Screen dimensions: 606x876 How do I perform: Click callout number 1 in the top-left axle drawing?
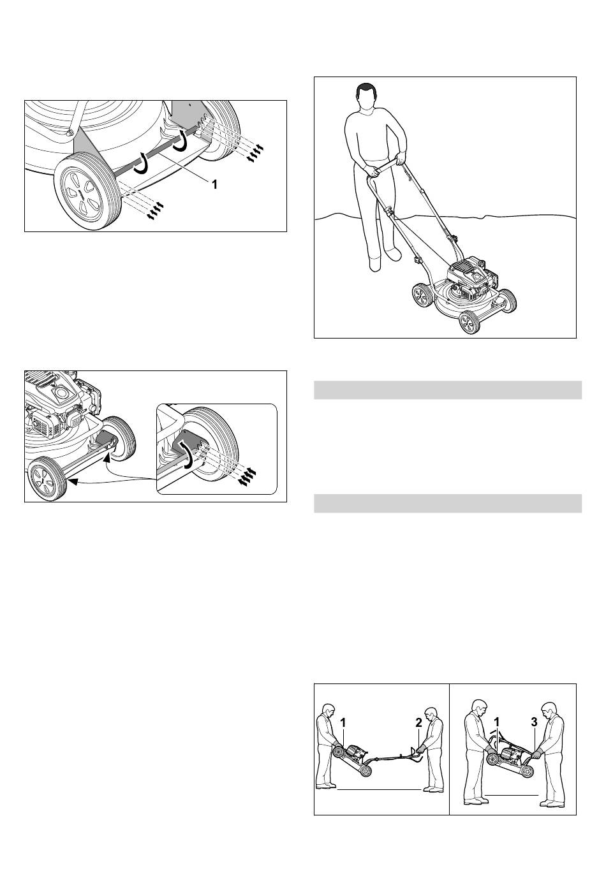coord(214,184)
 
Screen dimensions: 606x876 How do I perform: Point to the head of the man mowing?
coord(366,98)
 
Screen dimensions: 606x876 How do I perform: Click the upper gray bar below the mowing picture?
coord(448,390)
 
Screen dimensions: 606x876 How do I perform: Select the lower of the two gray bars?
coord(448,503)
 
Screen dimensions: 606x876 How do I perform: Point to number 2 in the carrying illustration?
coord(418,723)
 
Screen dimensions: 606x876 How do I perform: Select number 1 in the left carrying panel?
coord(343,723)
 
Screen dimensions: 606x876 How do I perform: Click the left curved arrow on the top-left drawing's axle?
coord(141,164)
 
